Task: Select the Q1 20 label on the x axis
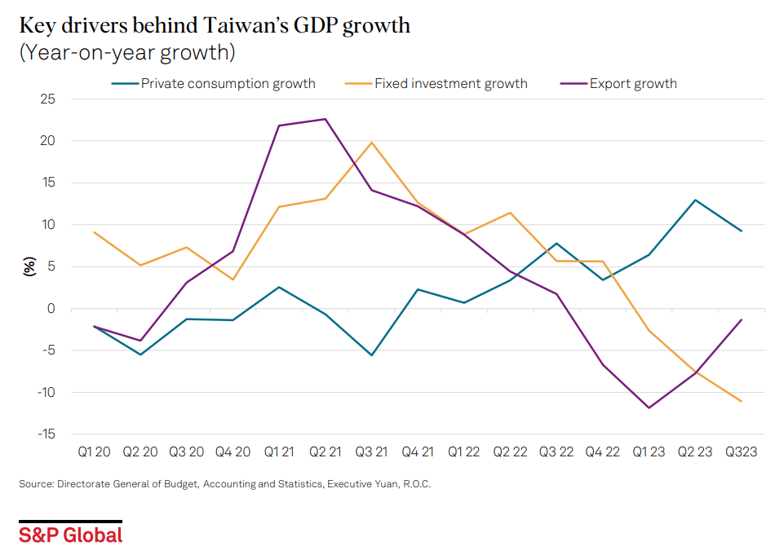click(x=95, y=451)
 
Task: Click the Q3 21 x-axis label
click(x=372, y=451)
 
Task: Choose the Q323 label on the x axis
click(x=741, y=451)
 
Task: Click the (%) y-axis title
click(x=29, y=266)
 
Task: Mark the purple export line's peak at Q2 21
click(x=326, y=119)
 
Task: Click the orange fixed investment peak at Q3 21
click(x=372, y=143)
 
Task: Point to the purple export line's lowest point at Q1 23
click(x=649, y=407)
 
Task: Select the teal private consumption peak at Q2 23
click(x=695, y=200)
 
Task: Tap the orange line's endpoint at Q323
click(x=742, y=401)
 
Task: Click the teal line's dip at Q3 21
click(x=372, y=355)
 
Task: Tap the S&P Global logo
click(x=71, y=534)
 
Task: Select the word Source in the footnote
click(x=35, y=484)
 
